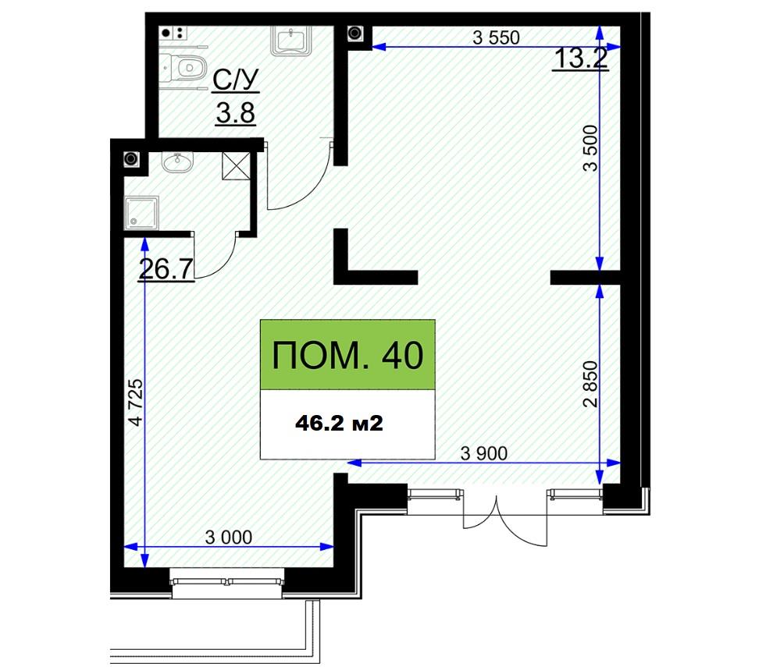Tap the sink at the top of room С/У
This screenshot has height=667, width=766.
point(292,41)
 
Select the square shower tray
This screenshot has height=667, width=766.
point(141,213)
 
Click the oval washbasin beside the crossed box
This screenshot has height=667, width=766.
point(178,162)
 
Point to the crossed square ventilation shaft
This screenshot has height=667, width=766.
point(236,166)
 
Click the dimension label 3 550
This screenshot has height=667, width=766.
point(496,37)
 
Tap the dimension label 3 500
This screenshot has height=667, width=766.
point(590,148)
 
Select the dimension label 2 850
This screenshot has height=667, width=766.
point(590,384)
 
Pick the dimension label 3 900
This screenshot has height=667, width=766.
point(484,454)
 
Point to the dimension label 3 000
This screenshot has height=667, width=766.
point(229,538)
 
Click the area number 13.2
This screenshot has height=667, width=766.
point(581,59)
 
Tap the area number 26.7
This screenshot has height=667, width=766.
point(166,269)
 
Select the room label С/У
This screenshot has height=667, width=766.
point(236,80)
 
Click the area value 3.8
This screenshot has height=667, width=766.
point(236,113)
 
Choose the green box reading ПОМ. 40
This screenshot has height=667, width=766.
point(347,355)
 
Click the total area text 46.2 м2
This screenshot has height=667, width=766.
point(339,424)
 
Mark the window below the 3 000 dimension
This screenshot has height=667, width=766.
point(227,583)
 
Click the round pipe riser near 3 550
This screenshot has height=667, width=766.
point(354,34)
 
